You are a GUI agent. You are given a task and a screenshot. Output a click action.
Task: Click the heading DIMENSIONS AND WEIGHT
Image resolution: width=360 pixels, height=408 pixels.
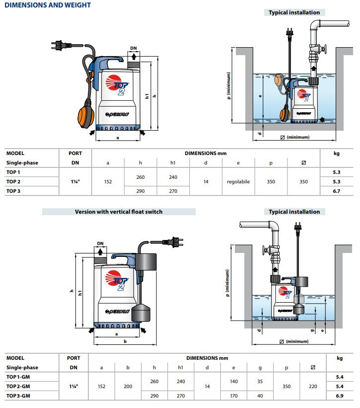[x=48, y=5]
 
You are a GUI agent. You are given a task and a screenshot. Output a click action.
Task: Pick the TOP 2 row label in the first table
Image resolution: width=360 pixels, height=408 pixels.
[x=13, y=182]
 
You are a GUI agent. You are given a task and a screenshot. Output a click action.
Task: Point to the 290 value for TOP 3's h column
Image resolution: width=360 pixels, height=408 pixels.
[x=140, y=191]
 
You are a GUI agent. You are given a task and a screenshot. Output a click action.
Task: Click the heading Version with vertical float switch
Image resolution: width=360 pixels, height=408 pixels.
[x=119, y=212]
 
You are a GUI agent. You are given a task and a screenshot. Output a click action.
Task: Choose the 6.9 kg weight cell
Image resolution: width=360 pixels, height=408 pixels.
[x=340, y=396]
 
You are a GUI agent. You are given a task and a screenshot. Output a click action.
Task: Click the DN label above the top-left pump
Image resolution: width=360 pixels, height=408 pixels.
[x=133, y=49]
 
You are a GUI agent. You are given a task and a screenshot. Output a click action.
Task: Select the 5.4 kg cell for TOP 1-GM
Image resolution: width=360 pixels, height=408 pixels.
[x=340, y=377]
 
